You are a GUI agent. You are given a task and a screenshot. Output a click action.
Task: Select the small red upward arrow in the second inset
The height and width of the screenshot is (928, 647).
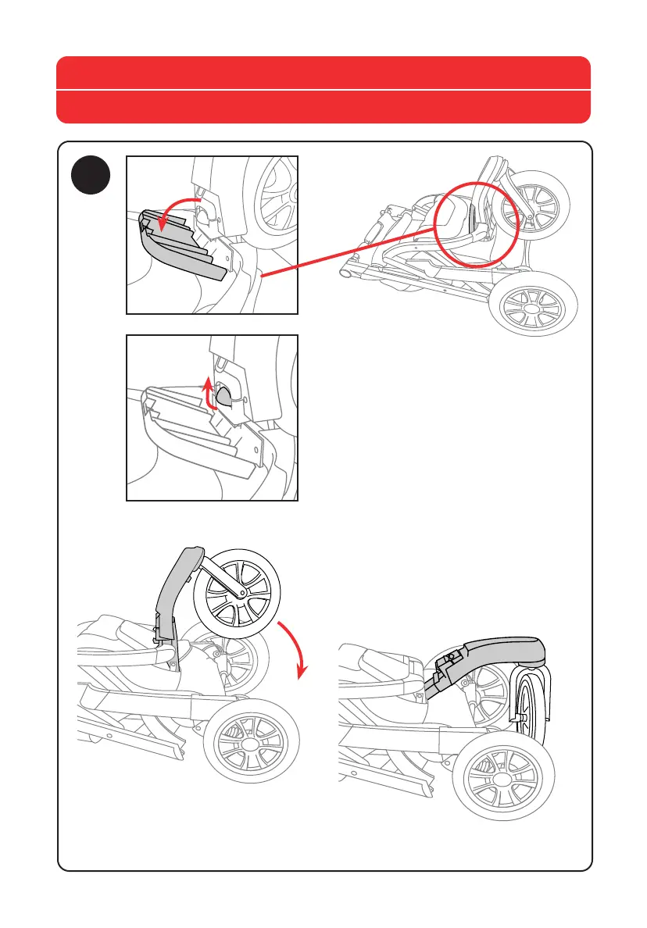click(x=209, y=391)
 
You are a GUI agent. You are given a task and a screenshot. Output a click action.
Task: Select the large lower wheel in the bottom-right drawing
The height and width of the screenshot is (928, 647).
click(x=502, y=780)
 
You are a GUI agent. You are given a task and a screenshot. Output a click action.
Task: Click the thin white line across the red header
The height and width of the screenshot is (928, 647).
click(x=323, y=91)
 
